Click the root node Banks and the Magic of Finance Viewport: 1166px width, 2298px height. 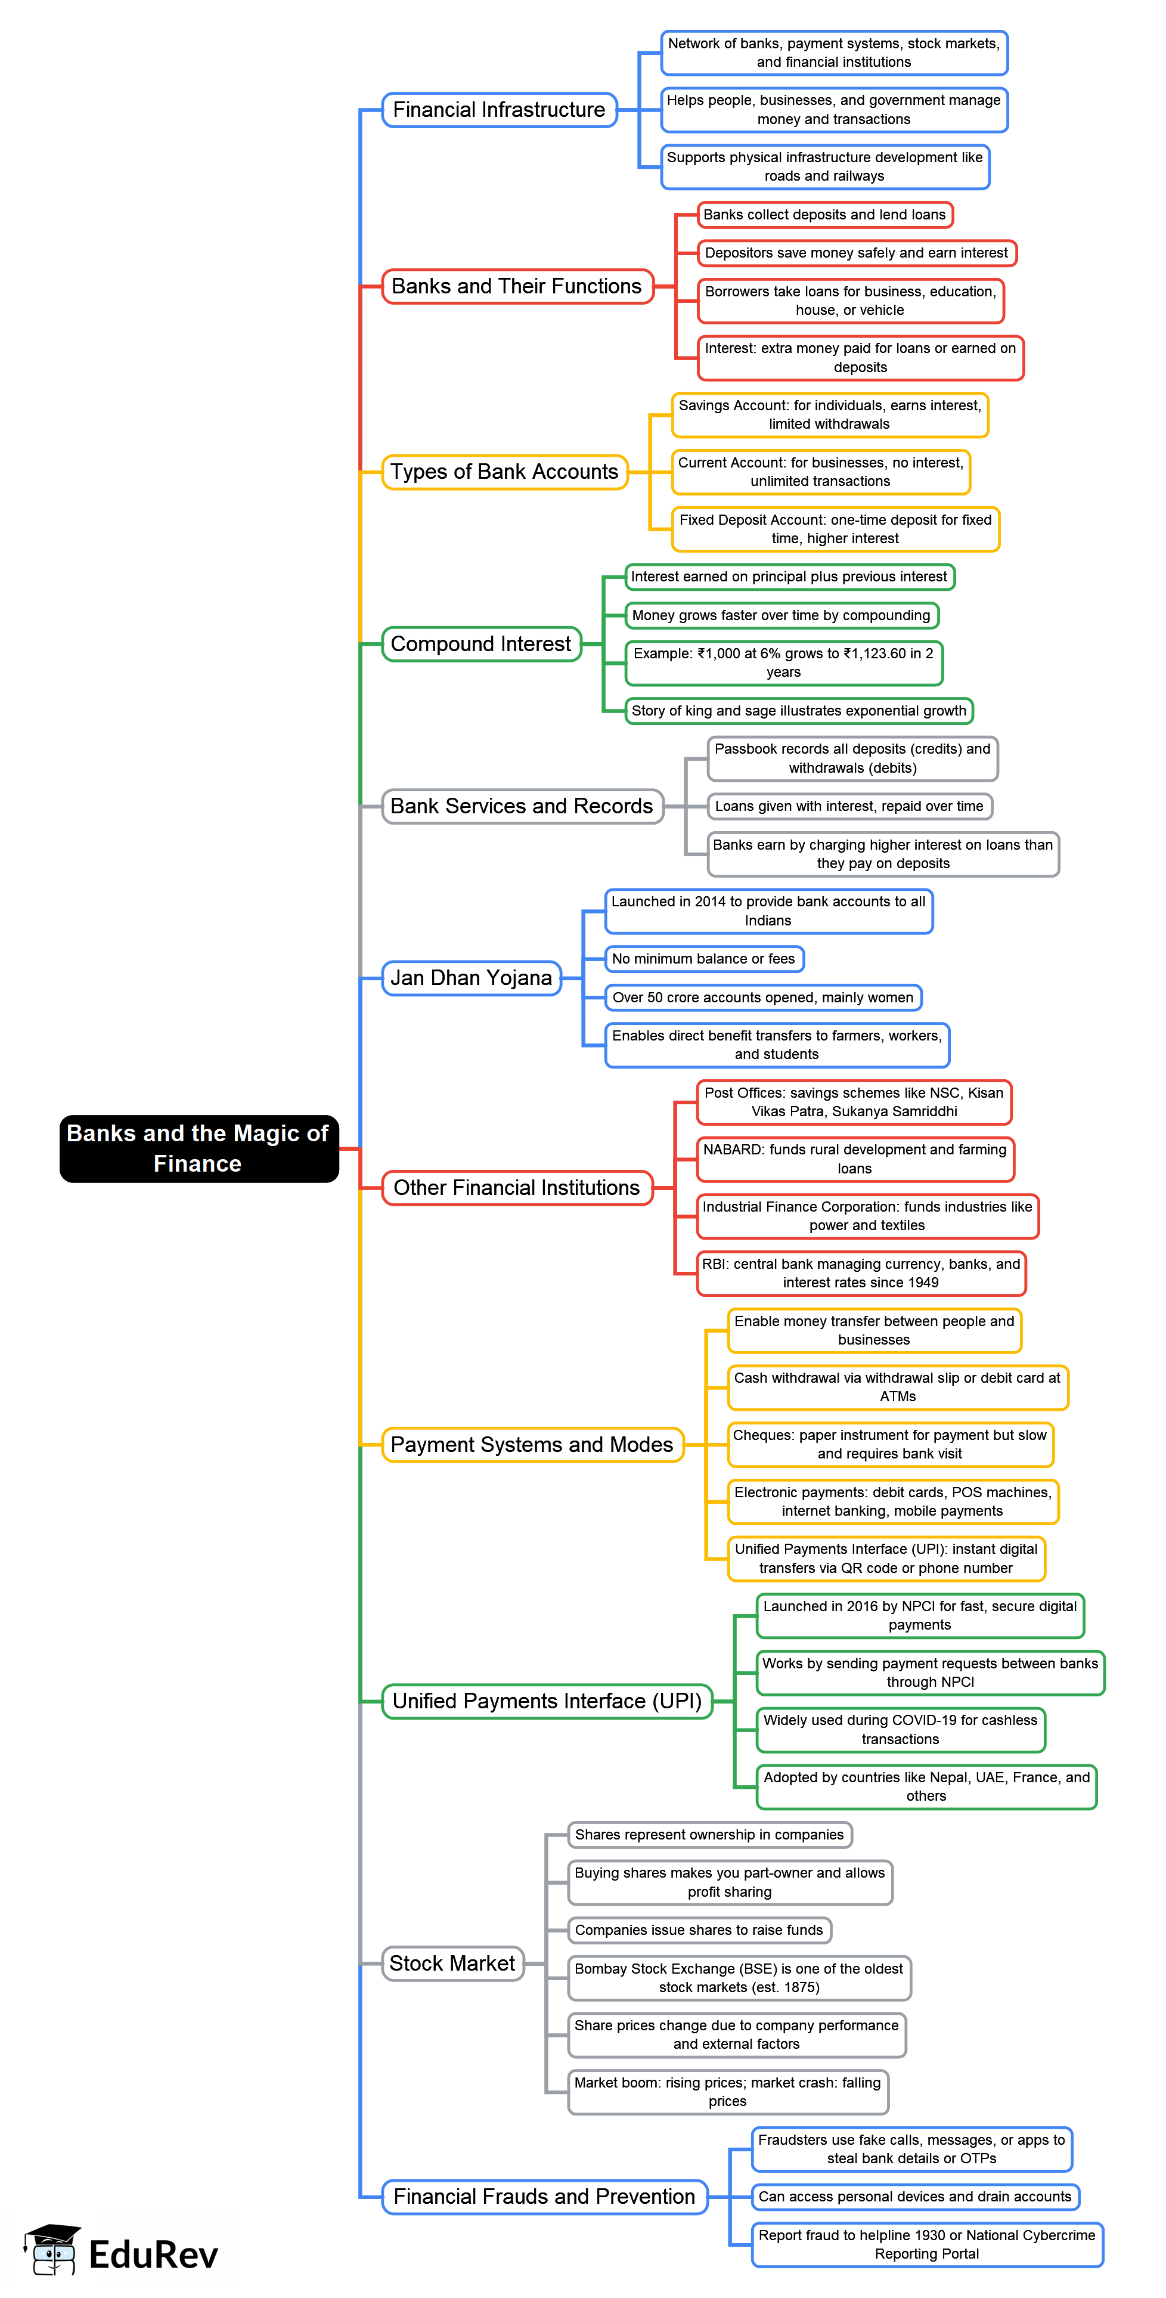[x=198, y=1148]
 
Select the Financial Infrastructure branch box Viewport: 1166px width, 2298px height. [x=499, y=110]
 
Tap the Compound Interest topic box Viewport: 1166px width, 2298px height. [x=481, y=643]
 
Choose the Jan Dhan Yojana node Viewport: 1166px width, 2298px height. [x=471, y=978]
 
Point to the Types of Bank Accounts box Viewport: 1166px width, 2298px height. [x=504, y=471]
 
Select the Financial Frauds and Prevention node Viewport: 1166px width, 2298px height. [x=544, y=2195]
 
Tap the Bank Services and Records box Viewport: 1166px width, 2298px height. [x=522, y=806]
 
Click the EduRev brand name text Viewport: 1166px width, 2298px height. [x=153, y=2254]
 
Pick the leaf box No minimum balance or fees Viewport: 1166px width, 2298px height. [x=704, y=958]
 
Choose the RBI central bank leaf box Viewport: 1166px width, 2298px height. [x=861, y=1273]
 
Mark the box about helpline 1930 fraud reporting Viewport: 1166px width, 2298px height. [x=927, y=2244]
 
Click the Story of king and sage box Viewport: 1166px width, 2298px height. [x=798, y=710]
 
